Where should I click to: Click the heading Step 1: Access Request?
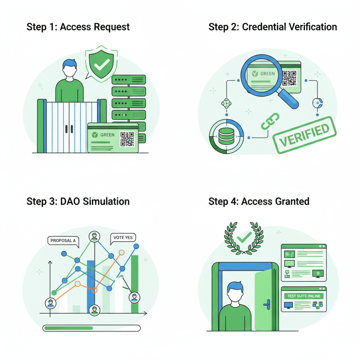pos(78,27)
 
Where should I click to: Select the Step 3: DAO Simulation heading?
pos(78,201)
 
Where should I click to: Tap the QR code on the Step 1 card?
pos(127,139)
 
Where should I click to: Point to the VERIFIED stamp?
pos(304,135)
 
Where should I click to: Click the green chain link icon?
pos(270,121)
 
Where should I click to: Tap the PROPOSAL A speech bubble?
pos(63,241)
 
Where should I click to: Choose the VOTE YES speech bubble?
pos(123,238)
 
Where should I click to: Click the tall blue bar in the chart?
pos(91,287)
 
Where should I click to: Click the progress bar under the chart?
pos(91,328)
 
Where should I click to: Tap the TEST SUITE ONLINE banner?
pos(304,296)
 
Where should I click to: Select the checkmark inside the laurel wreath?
pos(244,237)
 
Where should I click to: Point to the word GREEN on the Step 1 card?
pos(107,135)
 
